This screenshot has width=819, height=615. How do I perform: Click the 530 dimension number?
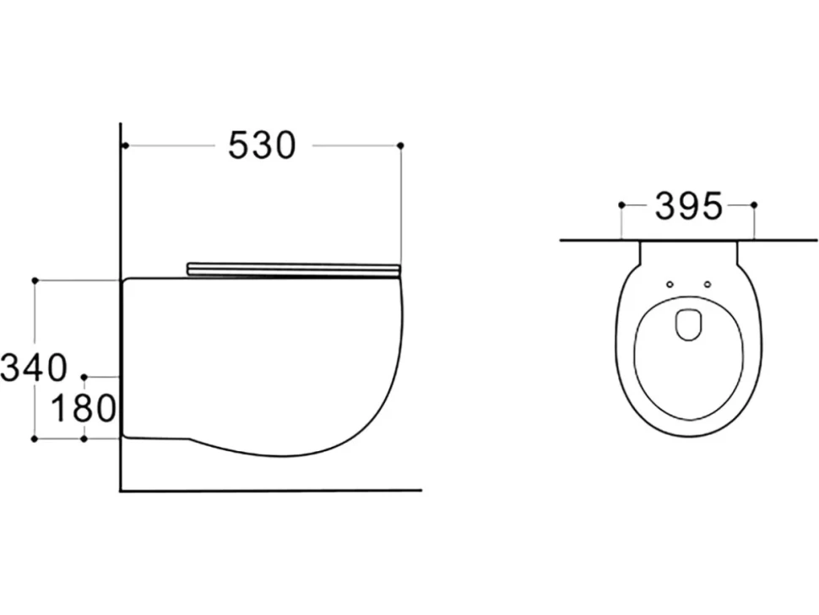point(263,145)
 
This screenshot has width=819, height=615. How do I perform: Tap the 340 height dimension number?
point(34,367)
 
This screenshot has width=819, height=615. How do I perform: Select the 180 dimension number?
point(83,408)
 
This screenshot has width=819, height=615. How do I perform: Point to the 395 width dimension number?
point(688,205)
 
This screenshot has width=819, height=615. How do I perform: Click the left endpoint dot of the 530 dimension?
point(125,145)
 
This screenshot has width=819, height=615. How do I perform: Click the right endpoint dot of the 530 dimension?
point(400,144)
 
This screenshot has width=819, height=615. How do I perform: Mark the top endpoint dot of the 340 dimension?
point(35,280)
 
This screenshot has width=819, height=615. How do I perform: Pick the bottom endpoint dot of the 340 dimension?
point(35,439)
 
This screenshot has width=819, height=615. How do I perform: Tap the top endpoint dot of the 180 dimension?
point(84,376)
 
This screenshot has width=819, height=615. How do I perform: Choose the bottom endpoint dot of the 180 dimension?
point(84,439)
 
